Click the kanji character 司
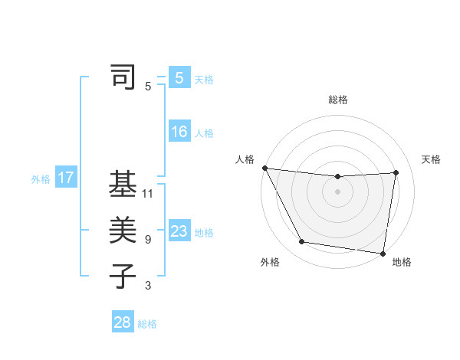pos(123,78)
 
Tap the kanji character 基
pos(123,185)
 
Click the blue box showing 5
pos(179,78)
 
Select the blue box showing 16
pos(179,132)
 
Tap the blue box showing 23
pos(179,231)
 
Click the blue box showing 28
pos(122,322)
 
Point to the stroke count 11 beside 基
pos(148,194)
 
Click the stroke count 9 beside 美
pos(148,240)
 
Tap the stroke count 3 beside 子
pos(148,286)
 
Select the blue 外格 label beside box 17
pos(41,179)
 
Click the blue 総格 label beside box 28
pos(147,323)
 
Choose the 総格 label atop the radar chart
pos(338,100)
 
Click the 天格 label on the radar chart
pos(431,159)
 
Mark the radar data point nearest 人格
pos(264,168)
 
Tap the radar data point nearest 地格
pos(383,253)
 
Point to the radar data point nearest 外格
pos(302,242)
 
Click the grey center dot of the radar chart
pos(338,191)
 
